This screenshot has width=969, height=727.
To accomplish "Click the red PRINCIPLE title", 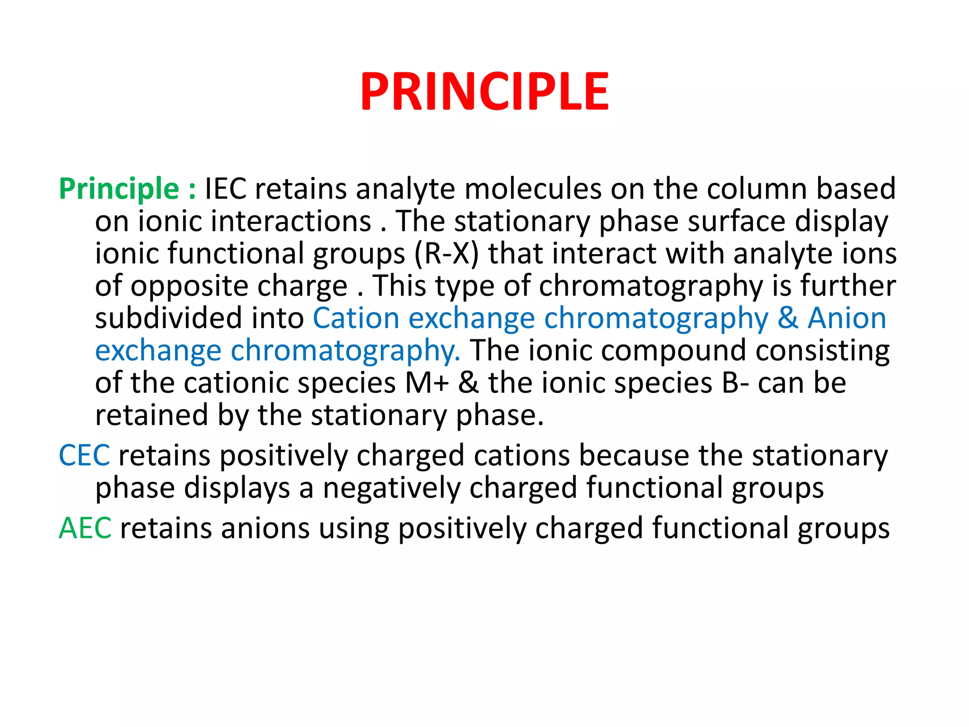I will click(484, 92).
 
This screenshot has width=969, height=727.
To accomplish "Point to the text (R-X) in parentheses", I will click(447, 254).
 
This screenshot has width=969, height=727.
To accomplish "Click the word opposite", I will click(189, 287).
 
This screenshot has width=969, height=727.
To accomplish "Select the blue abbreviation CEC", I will click(84, 456).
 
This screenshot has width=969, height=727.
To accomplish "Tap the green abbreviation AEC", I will click(85, 528).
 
